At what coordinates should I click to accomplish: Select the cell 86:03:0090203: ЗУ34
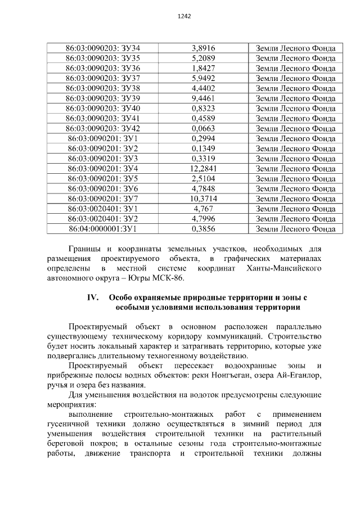(x=103, y=48)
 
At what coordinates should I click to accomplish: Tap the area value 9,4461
(x=204, y=98)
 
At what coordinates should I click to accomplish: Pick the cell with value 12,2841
(x=204, y=168)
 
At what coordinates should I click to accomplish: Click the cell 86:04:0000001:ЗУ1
(x=103, y=229)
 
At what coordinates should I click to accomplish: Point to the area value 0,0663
(x=204, y=129)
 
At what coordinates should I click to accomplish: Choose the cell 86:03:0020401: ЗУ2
(x=103, y=219)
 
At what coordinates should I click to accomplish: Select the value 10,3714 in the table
(x=204, y=199)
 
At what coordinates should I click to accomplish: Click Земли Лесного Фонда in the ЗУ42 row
(x=295, y=129)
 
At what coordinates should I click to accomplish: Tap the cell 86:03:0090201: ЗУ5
(x=103, y=178)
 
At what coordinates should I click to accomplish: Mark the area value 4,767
(x=204, y=209)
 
